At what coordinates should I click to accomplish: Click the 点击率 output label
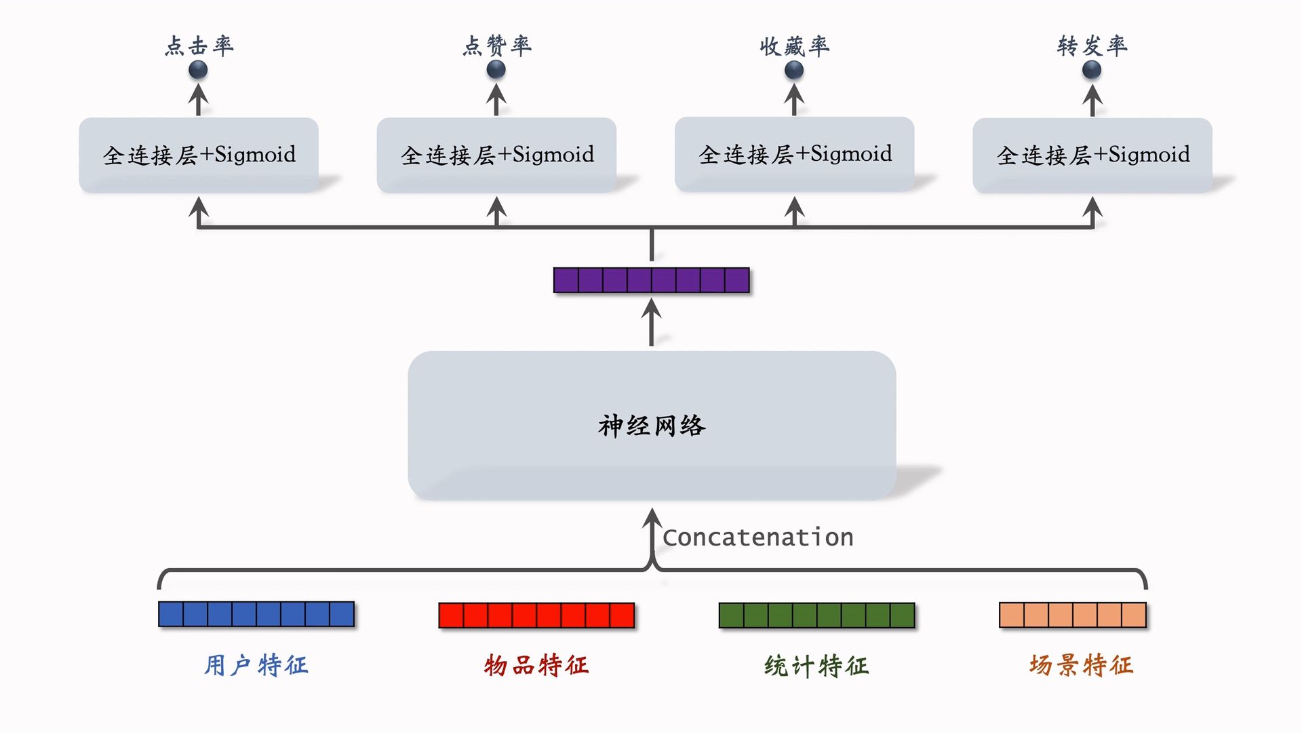(199, 45)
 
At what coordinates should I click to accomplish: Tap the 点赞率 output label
(497, 45)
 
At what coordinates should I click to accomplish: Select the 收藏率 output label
(794, 46)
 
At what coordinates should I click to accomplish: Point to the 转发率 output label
(1092, 45)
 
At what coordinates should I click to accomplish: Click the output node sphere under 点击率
(198, 69)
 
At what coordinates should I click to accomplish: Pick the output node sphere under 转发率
(1092, 69)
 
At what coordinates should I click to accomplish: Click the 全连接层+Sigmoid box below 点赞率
(496, 155)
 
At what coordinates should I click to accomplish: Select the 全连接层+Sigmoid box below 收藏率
(794, 154)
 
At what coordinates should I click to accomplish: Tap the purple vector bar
(651, 280)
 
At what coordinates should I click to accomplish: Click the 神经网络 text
(652, 426)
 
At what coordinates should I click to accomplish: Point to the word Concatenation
(757, 538)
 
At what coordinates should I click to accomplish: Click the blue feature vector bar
(256, 614)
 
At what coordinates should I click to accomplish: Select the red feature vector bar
(536, 616)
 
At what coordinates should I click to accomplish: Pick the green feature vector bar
(816, 616)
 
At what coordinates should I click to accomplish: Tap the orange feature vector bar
(1073, 615)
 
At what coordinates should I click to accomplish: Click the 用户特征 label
(256, 665)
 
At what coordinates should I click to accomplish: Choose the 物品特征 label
(536, 665)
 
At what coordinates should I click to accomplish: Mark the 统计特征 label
(816, 666)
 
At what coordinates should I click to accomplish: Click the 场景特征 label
(1081, 665)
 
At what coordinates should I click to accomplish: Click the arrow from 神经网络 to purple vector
(651, 322)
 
